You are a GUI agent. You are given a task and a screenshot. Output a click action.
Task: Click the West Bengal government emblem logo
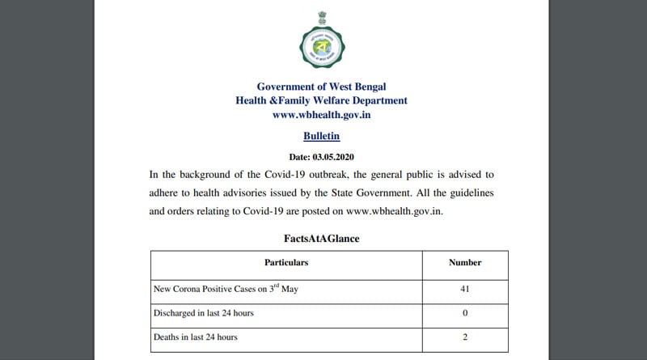321,42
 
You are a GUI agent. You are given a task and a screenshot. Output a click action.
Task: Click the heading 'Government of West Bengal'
321,87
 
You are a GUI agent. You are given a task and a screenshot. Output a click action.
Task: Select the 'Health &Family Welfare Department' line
321,101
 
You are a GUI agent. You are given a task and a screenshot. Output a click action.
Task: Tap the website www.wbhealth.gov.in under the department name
321,116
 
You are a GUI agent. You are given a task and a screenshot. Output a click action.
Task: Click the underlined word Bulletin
321,137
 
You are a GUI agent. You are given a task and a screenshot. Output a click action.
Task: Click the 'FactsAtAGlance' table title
321,239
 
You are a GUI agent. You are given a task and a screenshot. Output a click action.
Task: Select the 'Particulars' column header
286,263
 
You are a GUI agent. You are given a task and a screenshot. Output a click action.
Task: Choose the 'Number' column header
465,263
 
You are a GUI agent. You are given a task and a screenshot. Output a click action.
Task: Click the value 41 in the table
465,288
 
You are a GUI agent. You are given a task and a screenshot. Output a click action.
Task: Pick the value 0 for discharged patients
465,312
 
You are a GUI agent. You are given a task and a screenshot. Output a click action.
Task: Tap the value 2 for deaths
465,337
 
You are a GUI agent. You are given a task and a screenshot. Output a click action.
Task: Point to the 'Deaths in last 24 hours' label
195,337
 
